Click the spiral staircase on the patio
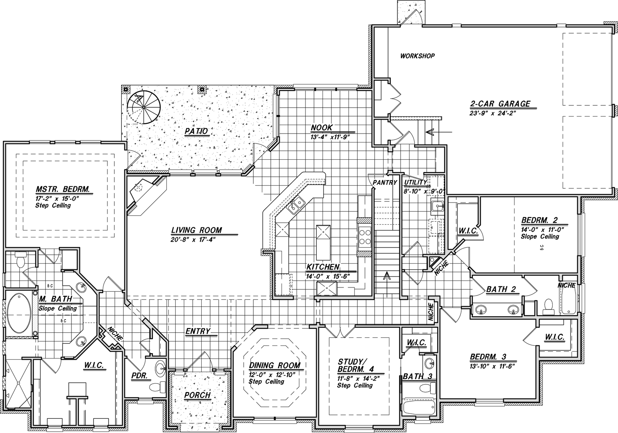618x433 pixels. click(144, 107)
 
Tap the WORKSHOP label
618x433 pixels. click(418, 56)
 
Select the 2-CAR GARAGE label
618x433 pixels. click(500, 104)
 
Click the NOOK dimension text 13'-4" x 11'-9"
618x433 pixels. click(330, 137)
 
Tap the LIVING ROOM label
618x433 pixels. click(197, 230)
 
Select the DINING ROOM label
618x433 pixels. click(275, 365)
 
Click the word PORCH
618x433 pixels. click(197, 395)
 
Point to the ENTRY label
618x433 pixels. click(197, 331)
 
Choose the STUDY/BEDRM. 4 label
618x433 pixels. click(356, 365)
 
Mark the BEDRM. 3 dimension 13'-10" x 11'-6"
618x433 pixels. click(493, 366)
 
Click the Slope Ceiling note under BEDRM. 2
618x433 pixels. click(540, 237)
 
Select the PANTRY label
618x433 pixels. click(385, 183)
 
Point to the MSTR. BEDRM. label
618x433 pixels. click(63, 189)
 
